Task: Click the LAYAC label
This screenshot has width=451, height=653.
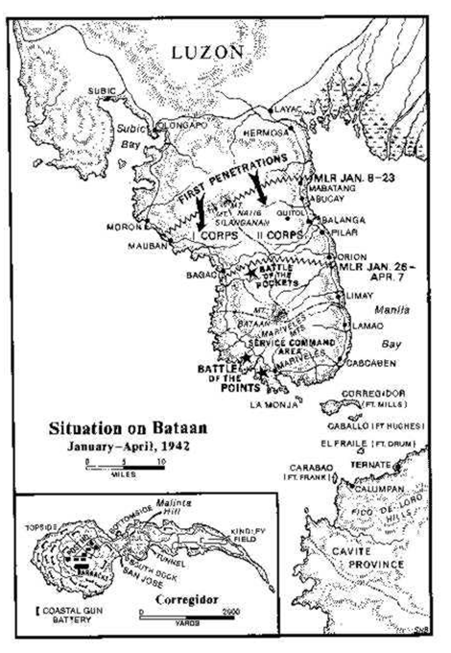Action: tap(288, 109)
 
